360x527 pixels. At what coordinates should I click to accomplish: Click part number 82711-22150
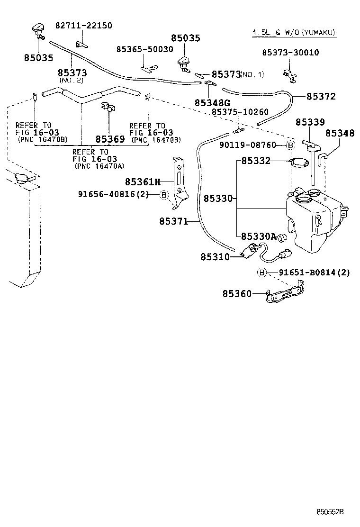[84, 26]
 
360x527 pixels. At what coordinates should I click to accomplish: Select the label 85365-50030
[145, 49]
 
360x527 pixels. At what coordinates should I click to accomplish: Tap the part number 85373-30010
[290, 53]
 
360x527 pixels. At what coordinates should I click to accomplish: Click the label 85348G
[212, 103]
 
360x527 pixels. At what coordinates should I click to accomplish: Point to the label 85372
[321, 96]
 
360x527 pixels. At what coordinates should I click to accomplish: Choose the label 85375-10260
[240, 112]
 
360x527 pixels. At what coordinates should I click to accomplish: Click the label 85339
[310, 122]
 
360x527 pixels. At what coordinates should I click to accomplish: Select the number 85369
[110, 139]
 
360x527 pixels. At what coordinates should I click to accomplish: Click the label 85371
[173, 221]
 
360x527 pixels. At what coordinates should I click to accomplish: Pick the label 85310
[215, 257]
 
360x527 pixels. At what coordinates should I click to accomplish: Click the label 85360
[237, 294]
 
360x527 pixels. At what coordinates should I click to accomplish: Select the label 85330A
[259, 236]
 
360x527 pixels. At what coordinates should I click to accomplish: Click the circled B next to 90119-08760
[291, 145]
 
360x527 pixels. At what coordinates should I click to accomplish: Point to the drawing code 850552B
[330, 512]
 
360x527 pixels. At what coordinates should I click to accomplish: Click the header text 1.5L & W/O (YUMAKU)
[293, 32]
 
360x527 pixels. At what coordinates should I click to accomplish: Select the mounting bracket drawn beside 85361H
[178, 182]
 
